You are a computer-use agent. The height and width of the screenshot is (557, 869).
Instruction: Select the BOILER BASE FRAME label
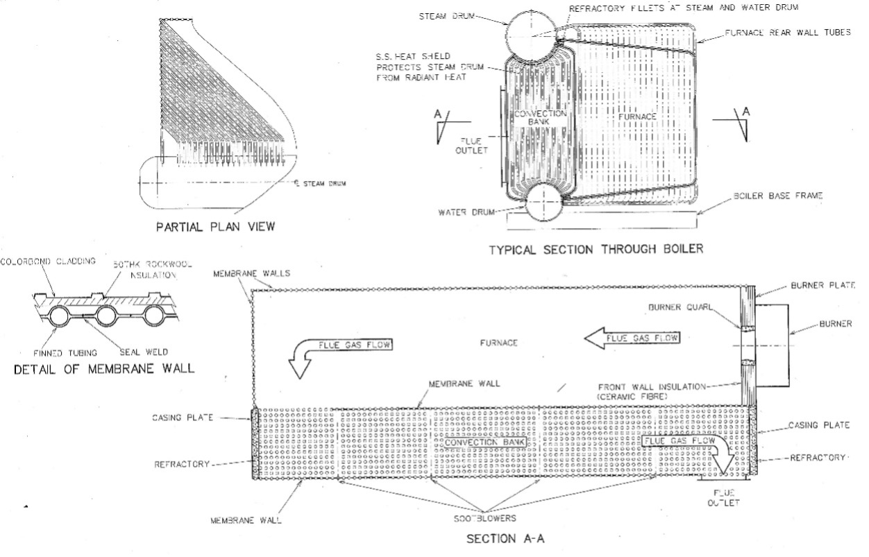click(777, 196)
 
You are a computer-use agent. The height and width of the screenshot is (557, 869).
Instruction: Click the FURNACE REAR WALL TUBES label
click(787, 33)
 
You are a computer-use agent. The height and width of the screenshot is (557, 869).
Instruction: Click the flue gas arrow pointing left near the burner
click(632, 338)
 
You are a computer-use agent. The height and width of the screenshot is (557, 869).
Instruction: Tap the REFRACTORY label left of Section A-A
click(182, 464)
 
